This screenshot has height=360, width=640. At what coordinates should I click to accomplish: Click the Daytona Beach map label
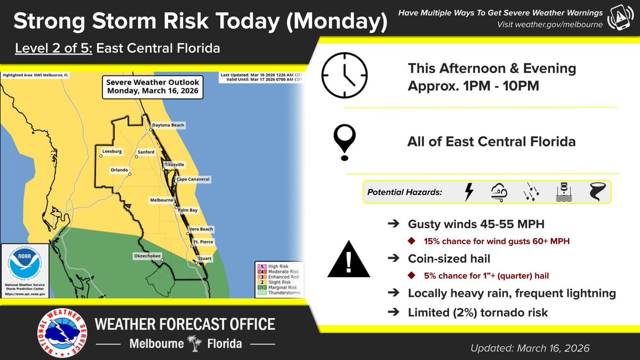coord(168,125)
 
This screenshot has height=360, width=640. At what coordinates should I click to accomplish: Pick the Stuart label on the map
coord(204,259)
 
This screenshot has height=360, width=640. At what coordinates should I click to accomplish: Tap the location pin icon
coord(345,141)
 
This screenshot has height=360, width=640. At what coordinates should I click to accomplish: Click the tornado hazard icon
coord(597,191)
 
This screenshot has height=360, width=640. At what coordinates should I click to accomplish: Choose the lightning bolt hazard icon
coord(469,191)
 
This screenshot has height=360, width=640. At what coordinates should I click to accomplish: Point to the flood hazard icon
coord(564,191)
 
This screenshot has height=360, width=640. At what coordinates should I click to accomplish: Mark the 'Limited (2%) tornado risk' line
coord(477,313)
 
